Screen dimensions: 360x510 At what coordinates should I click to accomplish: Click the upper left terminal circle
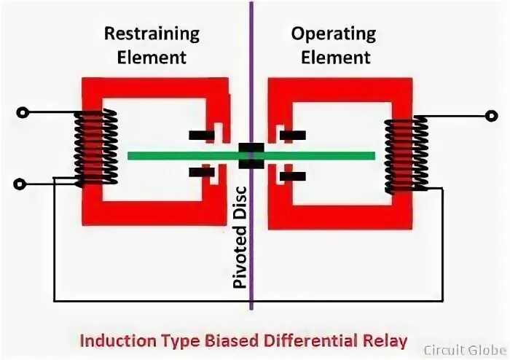coord(24,113)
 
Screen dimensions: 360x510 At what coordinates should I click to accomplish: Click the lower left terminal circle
coord(24,184)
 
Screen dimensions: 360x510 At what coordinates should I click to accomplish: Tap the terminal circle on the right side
coord(489,114)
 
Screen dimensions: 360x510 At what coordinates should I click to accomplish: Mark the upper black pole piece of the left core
coord(201,135)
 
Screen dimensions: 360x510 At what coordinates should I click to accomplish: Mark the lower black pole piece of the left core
coord(201,173)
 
